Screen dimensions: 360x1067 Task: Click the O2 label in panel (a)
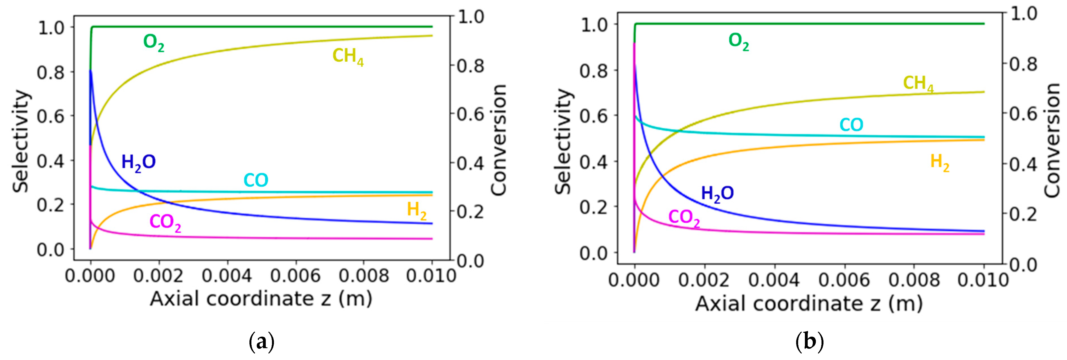pyautogui.click(x=153, y=43)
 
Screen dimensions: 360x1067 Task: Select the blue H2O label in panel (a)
pyautogui.click(x=138, y=162)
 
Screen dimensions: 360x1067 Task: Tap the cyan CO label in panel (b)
pyautogui.click(x=851, y=125)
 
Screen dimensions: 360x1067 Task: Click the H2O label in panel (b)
pyautogui.click(x=717, y=193)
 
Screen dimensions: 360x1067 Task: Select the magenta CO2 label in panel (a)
pyautogui.click(x=165, y=222)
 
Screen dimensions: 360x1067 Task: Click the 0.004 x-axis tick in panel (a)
pyautogui.click(x=227, y=276)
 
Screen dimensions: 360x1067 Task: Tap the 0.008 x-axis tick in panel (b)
pyautogui.click(x=914, y=280)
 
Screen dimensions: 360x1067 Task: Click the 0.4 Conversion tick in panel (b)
pyautogui.click(x=1023, y=164)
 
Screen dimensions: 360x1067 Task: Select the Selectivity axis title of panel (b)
pyautogui.click(x=563, y=142)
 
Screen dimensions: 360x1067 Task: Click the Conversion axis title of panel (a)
pyautogui.click(x=499, y=140)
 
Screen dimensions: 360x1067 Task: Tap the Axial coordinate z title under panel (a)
pyautogui.click(x=261, y=299)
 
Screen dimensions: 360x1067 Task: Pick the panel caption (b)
pyautogui.click(x=809, y=342)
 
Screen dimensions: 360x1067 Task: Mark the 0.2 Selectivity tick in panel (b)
pyautogui.click(x=593, y=207)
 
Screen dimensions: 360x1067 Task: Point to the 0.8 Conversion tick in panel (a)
pyautogui.click(x=470, y=66)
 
